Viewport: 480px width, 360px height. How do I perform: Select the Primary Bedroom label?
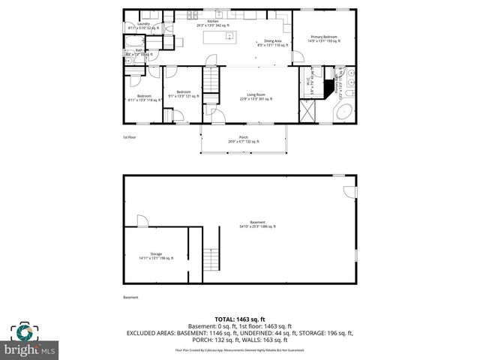click(324, 38)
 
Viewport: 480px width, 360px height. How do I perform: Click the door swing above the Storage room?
click(142, 220)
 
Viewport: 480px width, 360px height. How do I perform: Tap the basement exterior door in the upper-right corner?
click(348, 191)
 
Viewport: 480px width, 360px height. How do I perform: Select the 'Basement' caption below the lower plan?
click(131, 298)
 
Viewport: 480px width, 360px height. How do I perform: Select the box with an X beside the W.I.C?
click(307, 114)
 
